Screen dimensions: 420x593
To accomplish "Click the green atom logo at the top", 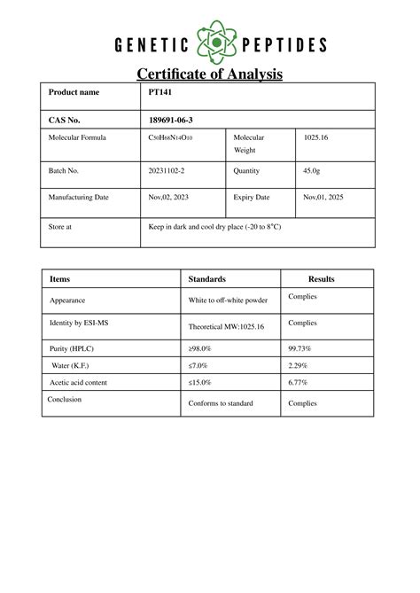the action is click(x=210, y=44).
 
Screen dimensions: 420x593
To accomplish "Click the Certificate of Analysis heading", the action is click(x=209, y=74).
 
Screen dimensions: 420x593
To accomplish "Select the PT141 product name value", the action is click(x=159, y=92).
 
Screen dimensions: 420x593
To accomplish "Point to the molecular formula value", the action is click(x=170, y=138).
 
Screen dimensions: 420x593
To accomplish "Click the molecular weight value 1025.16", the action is click(x=316, y=138).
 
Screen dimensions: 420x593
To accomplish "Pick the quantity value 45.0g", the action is click(x=312, y=170).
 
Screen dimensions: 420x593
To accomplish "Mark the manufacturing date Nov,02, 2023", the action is click(x=168, y=198).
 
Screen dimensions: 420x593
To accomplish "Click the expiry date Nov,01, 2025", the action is click(x=323, y=198).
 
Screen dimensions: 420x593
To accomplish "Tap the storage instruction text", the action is click(x=215, y=227).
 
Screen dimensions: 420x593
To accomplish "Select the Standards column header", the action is click(x=207, y=279).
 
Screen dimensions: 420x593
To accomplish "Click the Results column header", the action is click(x=321, y=279).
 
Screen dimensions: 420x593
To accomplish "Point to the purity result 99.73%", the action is click(x=301, y=349).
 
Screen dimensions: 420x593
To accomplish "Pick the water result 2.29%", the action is click(x=299, y=365).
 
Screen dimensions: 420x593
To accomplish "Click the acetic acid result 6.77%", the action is click(x=299, y=382).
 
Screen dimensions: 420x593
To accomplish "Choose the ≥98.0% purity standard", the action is click(x=200, y=349).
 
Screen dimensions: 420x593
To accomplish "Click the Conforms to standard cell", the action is click(x=221, y=403).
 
